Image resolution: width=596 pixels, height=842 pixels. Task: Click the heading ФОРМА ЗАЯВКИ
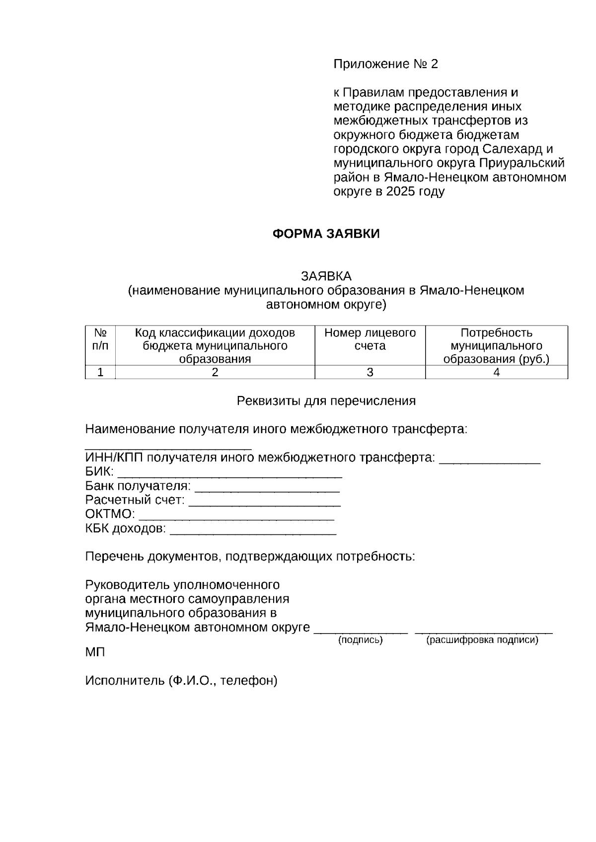326,234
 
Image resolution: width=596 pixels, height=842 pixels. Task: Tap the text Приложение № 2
385,64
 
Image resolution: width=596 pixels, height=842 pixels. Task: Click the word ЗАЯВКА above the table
326,276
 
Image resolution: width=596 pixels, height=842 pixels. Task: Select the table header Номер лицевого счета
370,339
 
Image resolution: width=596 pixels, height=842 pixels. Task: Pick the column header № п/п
100,339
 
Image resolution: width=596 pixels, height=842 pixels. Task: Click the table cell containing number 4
496,372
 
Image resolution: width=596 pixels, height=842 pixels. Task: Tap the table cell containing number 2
215,372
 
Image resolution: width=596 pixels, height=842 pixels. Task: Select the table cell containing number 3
370,372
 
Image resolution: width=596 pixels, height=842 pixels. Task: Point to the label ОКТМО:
110,514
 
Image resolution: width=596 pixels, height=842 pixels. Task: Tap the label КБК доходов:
126,529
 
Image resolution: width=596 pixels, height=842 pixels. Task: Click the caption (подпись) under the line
360,640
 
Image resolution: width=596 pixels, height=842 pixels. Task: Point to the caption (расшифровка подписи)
482,640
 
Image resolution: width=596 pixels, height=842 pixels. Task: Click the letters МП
95,652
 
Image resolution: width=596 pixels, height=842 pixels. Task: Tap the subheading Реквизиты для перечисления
326,400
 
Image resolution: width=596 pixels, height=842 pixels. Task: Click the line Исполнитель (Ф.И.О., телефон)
181,680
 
